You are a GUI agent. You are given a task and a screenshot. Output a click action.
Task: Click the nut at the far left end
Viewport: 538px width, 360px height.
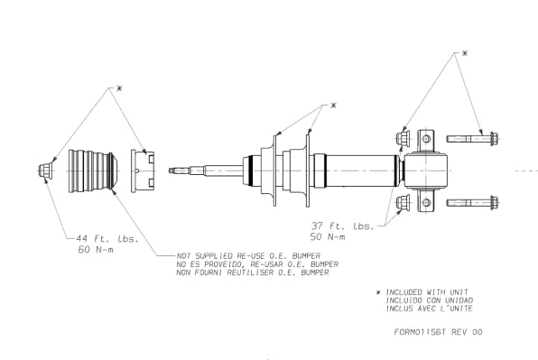pyautogui.click(x=45, y=171)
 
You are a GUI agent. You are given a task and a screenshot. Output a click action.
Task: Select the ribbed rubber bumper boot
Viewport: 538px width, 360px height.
pyautogui.click(x=93, y=171)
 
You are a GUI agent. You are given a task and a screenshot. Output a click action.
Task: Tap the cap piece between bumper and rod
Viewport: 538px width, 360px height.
pyautogui.click(x=143, y=171)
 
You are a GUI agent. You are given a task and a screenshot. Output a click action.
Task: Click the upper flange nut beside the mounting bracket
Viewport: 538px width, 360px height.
pyautogui.click(x=403, y=138)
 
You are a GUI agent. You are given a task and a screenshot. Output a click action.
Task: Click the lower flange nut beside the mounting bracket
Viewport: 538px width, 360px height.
pyautogui.click(x=403, y=202)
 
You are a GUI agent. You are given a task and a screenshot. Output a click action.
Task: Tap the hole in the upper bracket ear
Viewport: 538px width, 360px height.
pyautogui.click(x=426, y=139)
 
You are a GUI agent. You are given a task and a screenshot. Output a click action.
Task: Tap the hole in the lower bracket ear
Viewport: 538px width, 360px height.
pyautogui.click(x=426, y=203)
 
